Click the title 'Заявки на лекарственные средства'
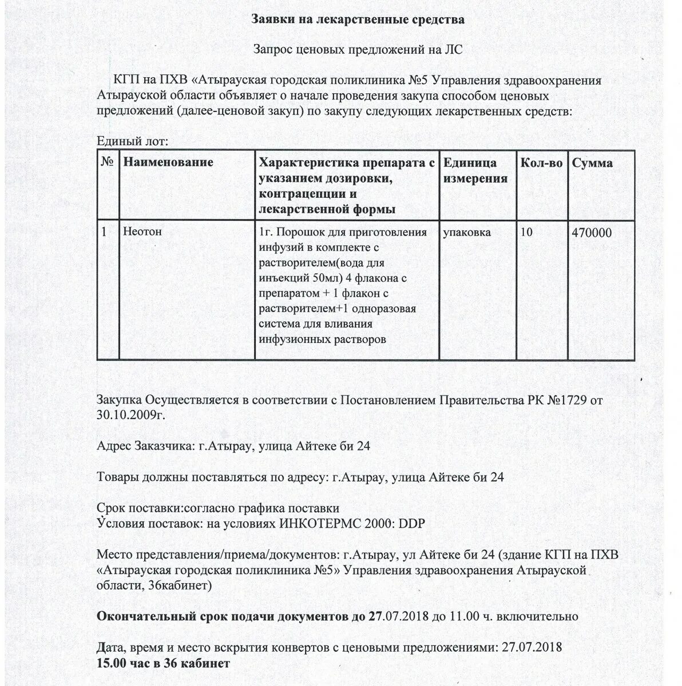(x=358, y=20)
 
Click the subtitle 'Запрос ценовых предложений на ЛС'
(x=358, y=50)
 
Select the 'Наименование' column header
(x=168, y=162)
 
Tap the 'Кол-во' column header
(x=541, y=163)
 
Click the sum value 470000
(x=592, y=233)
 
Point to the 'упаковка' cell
(x=467, y=233)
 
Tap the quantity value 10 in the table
(x=526, y=233)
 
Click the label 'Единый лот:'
(x=132, y=141)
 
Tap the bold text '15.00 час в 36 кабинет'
(x=164, y=663)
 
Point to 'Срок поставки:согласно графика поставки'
(x=218, y=508)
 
